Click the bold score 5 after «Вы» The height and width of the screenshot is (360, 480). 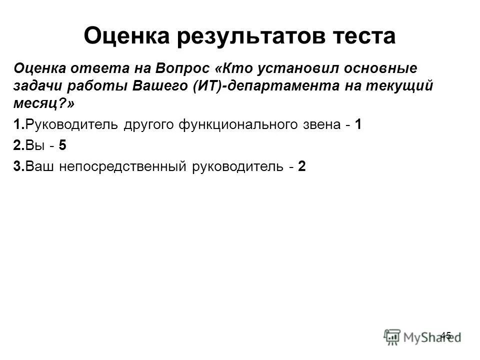[x=62, y=145]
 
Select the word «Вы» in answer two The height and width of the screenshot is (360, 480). [x=33, y=145]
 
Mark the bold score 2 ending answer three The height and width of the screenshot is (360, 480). [x=301, y=166]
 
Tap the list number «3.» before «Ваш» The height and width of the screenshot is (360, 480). [x=19, y=166]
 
